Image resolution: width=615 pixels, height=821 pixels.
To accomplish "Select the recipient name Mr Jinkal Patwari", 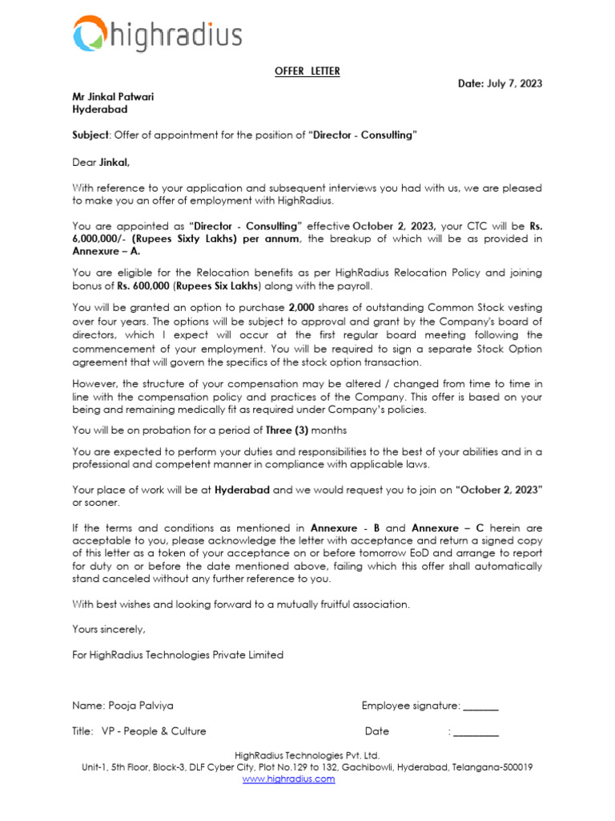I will (x=113, y=96).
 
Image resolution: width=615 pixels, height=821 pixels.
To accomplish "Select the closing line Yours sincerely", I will (x=109, y=629).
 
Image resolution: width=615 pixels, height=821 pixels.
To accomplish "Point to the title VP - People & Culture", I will (x=154, y=730).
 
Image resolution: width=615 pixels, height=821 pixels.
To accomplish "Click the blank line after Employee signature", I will (x=480, y=707).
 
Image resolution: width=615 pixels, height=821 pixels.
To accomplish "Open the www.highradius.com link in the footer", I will (x=288, y=779).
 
